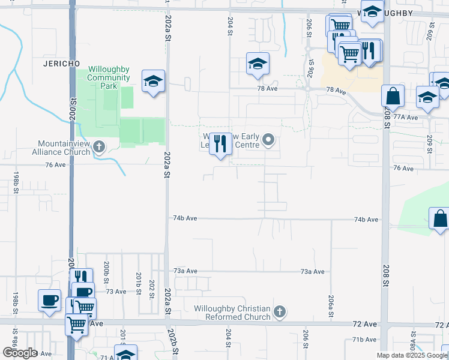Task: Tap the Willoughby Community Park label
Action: [109, 77]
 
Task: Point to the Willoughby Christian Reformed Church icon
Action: [279, 311]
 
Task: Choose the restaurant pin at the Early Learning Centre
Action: [220, 143]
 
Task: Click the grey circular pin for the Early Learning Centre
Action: [268, 141]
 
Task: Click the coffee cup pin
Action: [49, 300]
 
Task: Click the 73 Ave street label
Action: [116, 292]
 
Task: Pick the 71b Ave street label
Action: [364, 340]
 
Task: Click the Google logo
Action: [20, 353]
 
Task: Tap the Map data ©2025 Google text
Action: [411, 355]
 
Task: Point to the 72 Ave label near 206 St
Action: [365, 324]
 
